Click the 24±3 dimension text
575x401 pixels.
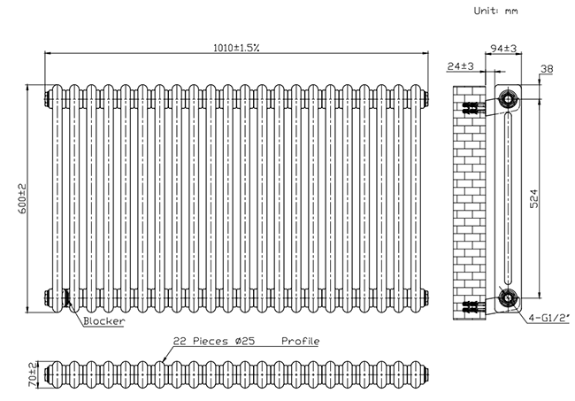(462, 67)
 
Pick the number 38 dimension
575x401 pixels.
(546, 68)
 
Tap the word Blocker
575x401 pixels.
(103, 321)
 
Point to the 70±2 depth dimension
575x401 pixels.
(33, 374)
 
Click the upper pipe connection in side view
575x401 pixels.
(508, 100)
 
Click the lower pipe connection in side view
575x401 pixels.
(508, 298)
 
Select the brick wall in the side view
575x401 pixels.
(468, 199)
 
